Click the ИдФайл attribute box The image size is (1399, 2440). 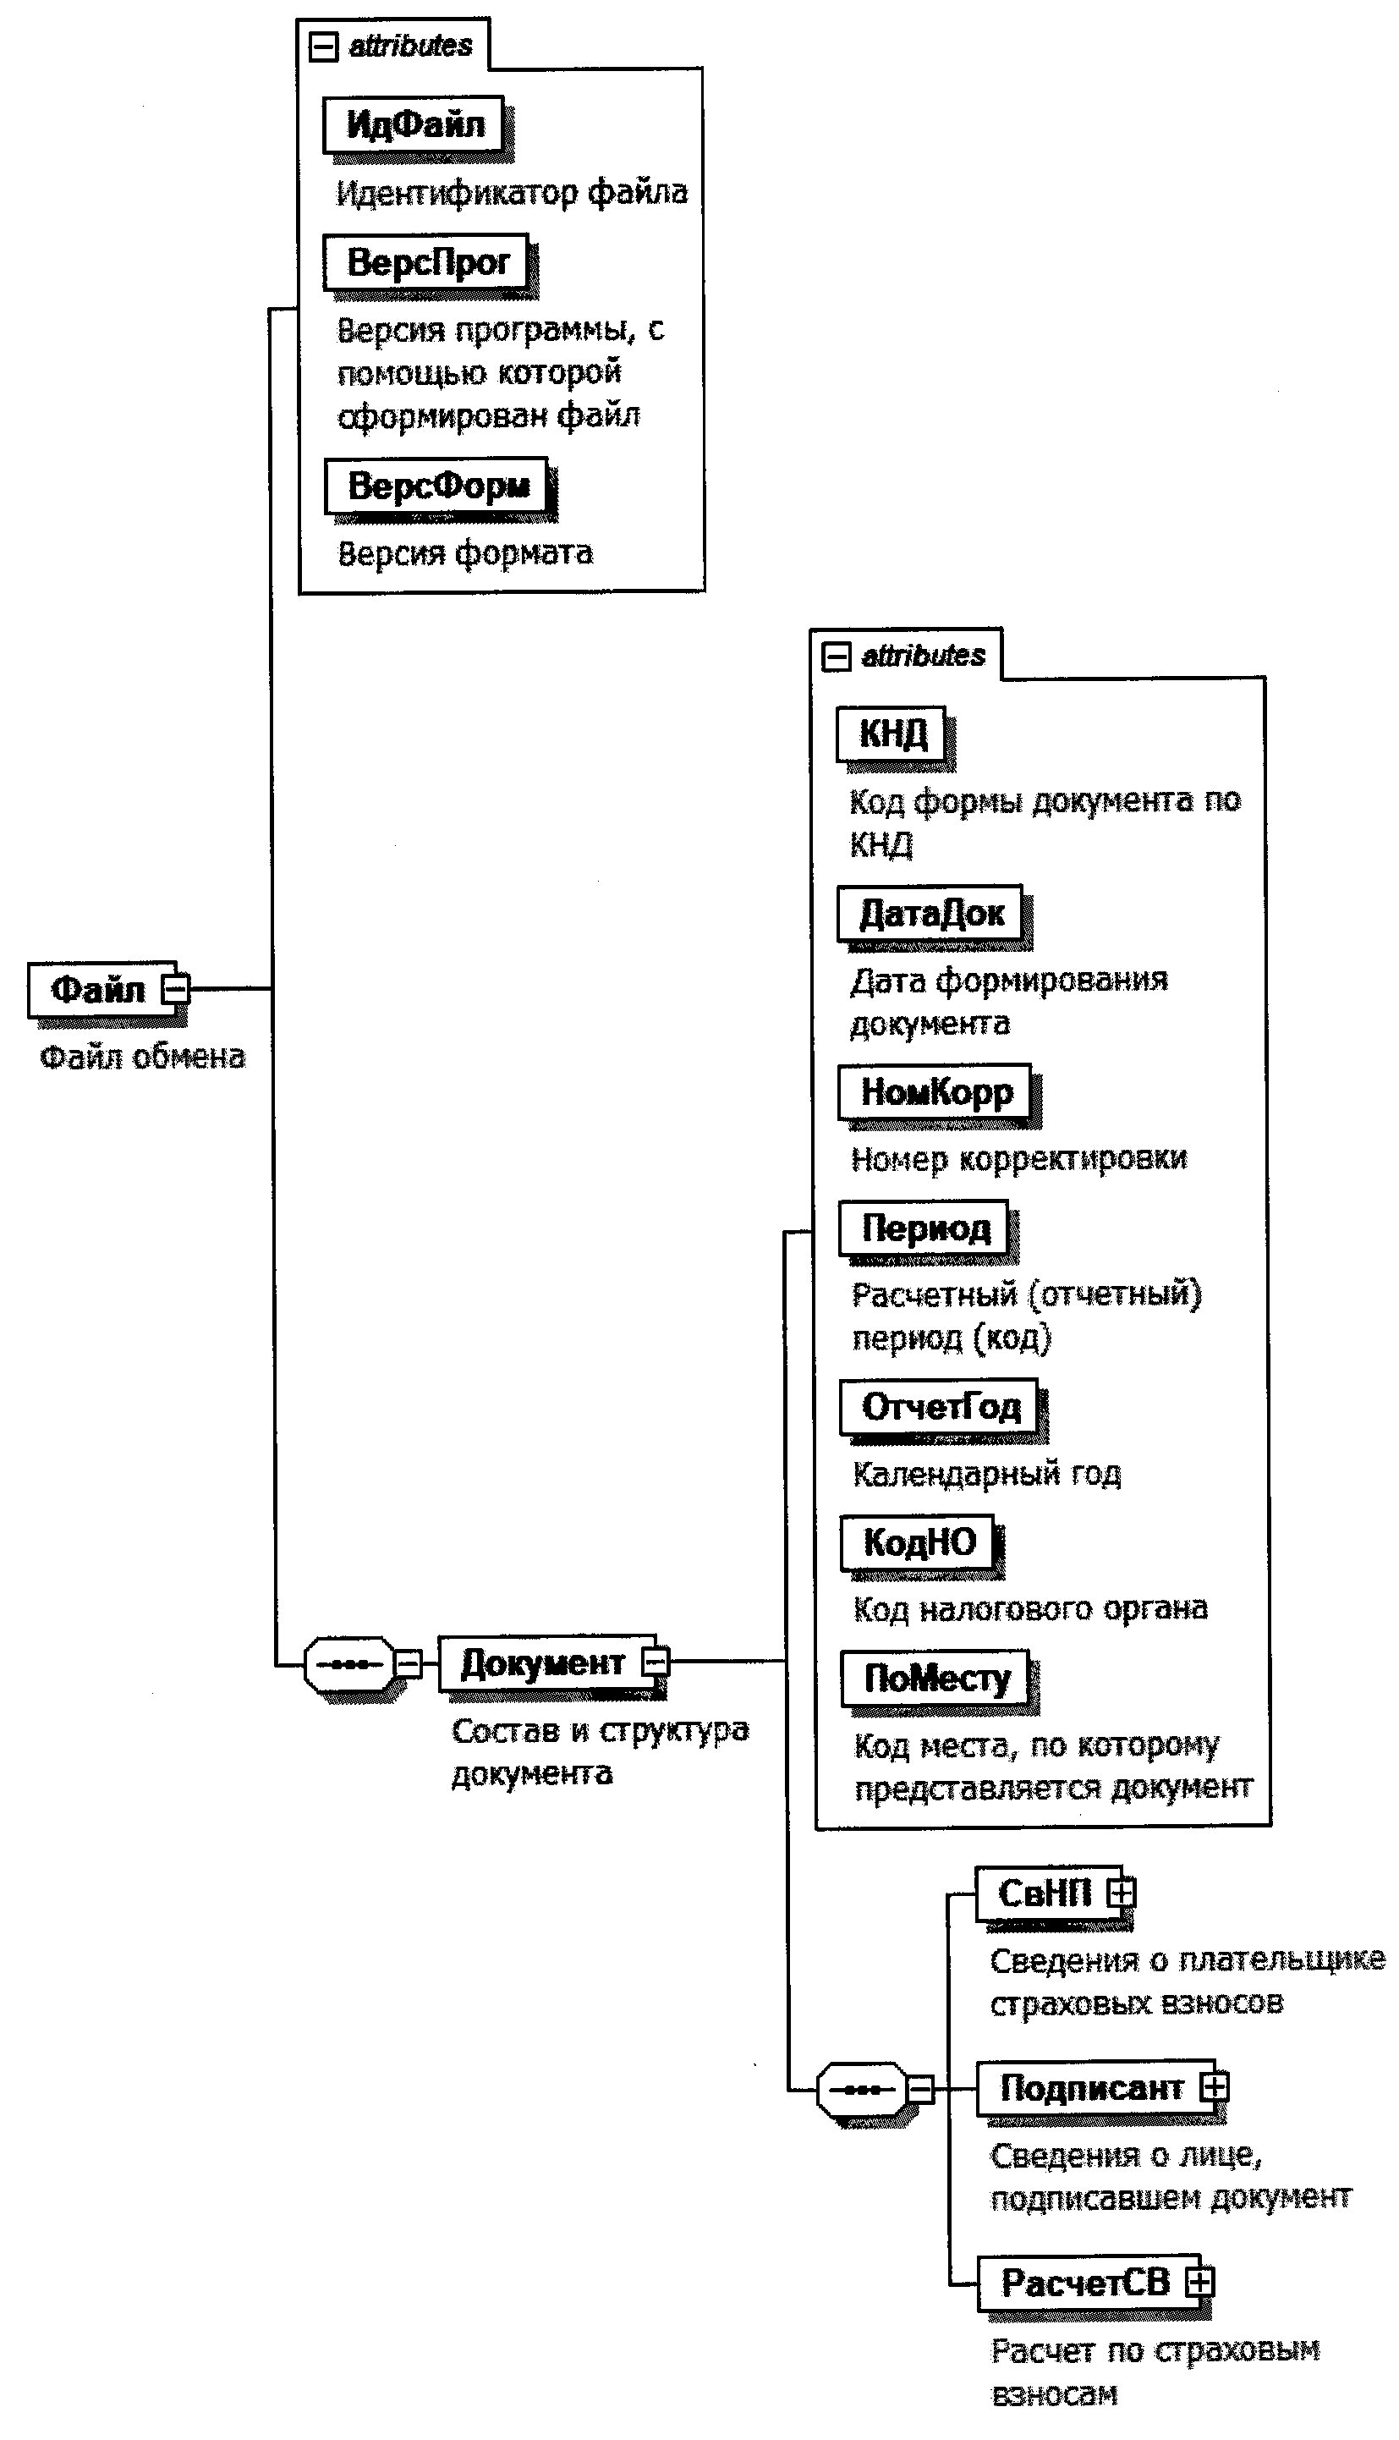(x=413, y=124)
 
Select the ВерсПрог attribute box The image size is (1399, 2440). (x=426, y=261)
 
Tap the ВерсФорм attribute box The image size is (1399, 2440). (x=437, y=486)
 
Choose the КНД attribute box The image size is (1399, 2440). (x=892, y=734)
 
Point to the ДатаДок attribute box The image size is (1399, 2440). (x=930, y=913)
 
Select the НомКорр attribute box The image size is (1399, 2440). (x=935, y=1091)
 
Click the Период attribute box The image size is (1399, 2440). (x=924, y=1228)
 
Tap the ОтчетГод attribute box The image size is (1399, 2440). (x=939, y=1407)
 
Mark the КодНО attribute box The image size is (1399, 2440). (x=918, y=1542)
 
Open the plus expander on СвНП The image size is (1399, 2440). (x=1121, y=1893)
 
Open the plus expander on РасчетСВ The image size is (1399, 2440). (x=1199, y=2282)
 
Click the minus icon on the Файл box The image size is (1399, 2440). (x=176, y=988)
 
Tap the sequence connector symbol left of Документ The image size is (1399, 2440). (x=348, y=1663)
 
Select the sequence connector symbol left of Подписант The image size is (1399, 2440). (x=862, y=2089)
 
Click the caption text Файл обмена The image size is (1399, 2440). (x=142, y=1057)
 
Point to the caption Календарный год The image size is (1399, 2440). (x=986, y=1473)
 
